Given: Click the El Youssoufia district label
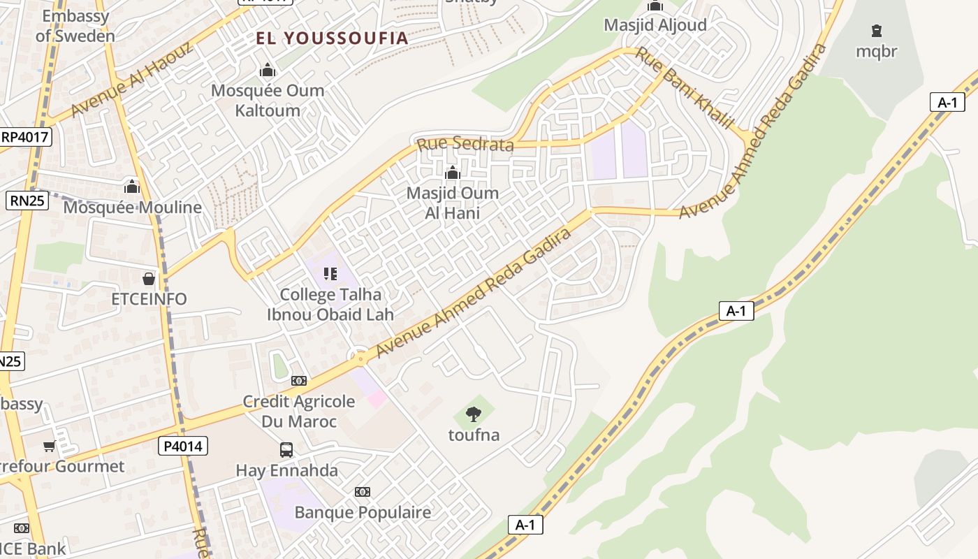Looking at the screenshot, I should [x=332, y=38].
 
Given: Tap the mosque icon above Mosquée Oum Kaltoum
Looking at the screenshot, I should [x=268, y=71].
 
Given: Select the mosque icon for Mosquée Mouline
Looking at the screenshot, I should [x=132, y=187].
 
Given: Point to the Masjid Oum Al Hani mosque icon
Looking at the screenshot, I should [x=453, y=172].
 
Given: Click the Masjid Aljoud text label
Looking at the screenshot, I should [x=655, y=25].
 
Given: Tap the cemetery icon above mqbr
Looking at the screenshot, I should [x=876, y=31].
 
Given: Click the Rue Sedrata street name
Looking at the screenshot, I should [x=465, y=145].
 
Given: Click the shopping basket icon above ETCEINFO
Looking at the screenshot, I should [x=149, y=279].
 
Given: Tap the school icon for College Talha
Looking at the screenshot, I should [x=330, y=274].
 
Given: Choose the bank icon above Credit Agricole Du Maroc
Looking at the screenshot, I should [x=299, y=381].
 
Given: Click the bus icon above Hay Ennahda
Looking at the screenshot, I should [x=286, y=449].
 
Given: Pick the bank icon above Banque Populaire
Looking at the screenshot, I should [x=363, y=492].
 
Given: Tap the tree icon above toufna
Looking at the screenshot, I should [x=474, y=414].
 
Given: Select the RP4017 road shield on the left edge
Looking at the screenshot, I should [x=25, y=137].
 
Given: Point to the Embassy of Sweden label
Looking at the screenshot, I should [x=75, y=26].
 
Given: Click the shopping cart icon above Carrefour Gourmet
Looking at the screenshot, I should [x=49, y=446].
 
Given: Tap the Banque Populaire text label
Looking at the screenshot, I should [x=363, y=512].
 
